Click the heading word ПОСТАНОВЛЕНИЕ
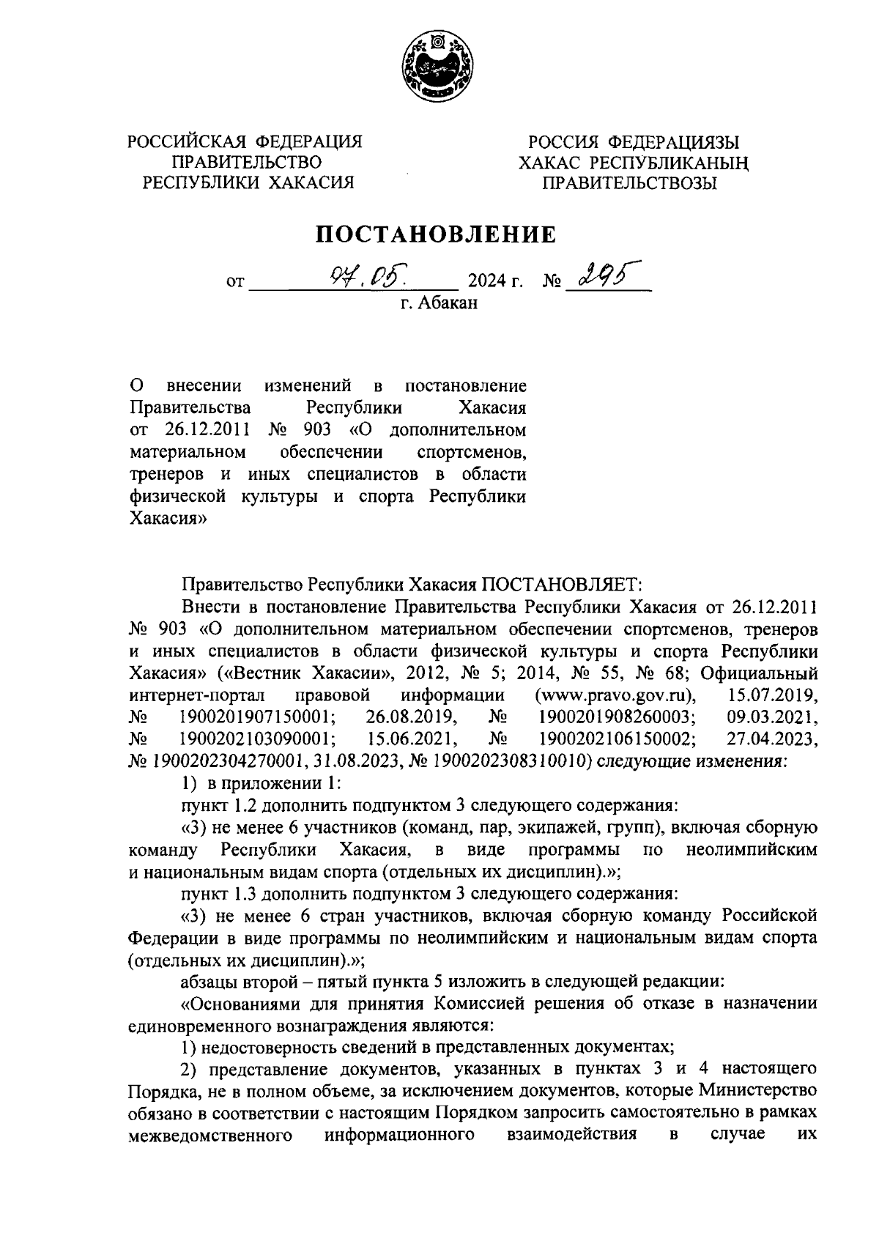point(436,234)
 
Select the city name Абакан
point(448,303)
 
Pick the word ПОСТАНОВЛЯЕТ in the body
point(560,585)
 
